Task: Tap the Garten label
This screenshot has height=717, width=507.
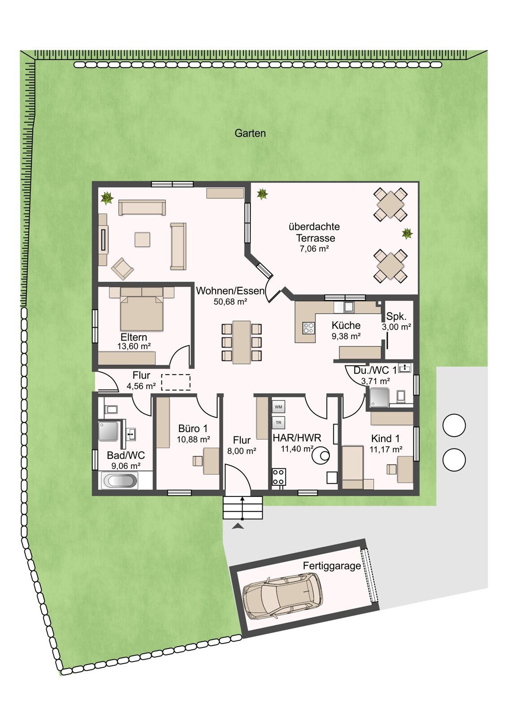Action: click(250, 133)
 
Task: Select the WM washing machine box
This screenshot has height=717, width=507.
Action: click(278, 407)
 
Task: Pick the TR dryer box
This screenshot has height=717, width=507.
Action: click(278, 423)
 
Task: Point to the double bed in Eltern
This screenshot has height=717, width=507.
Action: click(142, 313)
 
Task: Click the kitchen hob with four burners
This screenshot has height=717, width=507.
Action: click(309, 328)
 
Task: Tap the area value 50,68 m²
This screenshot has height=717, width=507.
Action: click(230, 302)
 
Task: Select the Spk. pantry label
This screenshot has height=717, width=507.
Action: click(396, 316)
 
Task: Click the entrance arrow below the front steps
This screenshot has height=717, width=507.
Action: click(237, 526)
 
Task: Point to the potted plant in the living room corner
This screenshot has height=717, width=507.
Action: click(107, 198)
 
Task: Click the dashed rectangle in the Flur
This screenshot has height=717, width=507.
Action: click(176, 382)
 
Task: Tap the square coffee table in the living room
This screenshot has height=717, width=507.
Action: click(142, 239)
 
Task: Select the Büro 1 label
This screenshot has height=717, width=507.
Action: click(193, 428)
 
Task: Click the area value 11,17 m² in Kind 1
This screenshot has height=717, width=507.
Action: click(386, 449)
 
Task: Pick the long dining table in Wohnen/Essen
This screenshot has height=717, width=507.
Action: click(242, 342)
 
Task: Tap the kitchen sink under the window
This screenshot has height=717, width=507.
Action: click(348, 307)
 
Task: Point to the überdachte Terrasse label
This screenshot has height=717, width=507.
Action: click(314, 233)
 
